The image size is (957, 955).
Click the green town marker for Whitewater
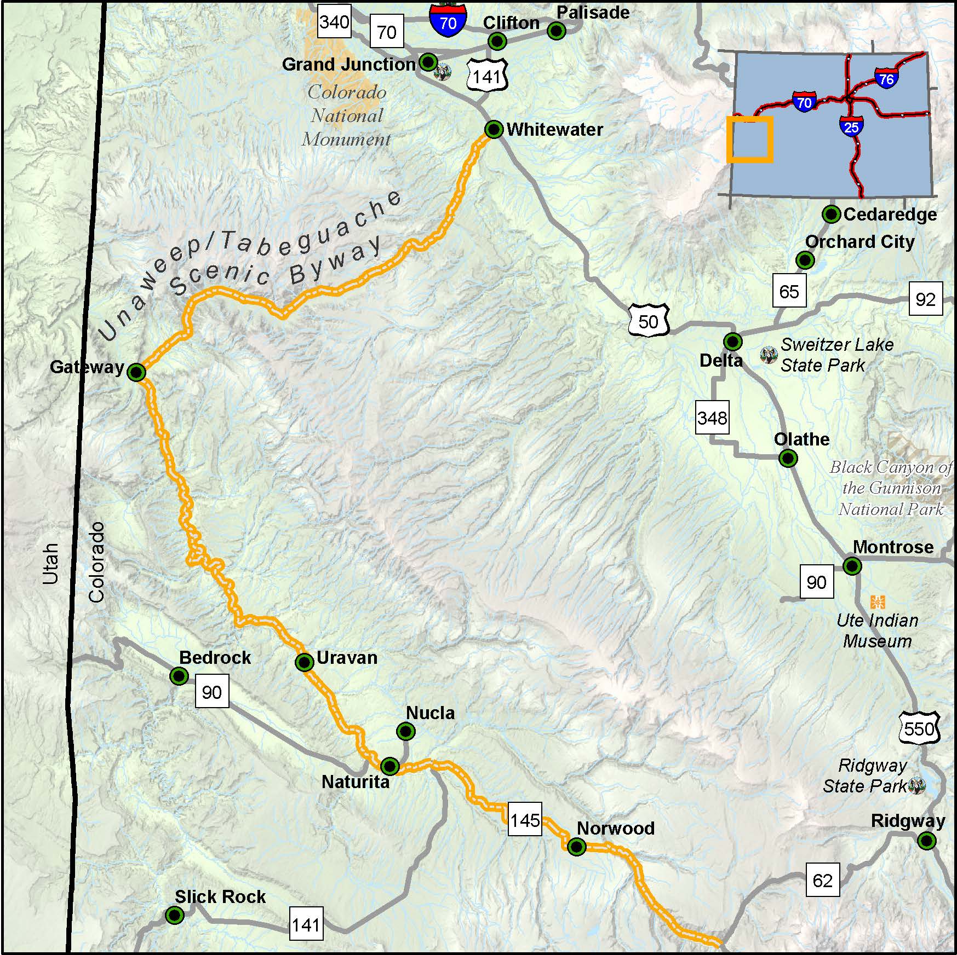click(494, 130)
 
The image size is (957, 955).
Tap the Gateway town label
click(87, 367)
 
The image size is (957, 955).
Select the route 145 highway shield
click(525, 819)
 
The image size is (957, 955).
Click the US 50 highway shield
click(648, 321)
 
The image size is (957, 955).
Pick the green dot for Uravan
click(304, 662)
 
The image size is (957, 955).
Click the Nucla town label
click(430, 713)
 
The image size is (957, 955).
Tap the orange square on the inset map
click(749, 139)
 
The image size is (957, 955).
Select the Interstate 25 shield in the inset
click(851, 126)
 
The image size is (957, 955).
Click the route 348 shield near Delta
click(712, 418)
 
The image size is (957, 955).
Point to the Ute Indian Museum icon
click(877, 602)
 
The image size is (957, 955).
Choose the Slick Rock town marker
click(174, 915)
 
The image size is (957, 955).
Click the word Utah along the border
click(50, 564)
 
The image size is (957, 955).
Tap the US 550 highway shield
click(919, 728)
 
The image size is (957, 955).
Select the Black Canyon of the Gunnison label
click(891, 488)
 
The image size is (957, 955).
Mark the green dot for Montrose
click(852, 565)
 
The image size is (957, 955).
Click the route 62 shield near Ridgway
click(822, 880)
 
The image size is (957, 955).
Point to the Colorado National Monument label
click(346, 115)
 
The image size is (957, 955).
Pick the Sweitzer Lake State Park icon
click(769, 355)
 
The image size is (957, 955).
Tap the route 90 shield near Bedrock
click(211, 692)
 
